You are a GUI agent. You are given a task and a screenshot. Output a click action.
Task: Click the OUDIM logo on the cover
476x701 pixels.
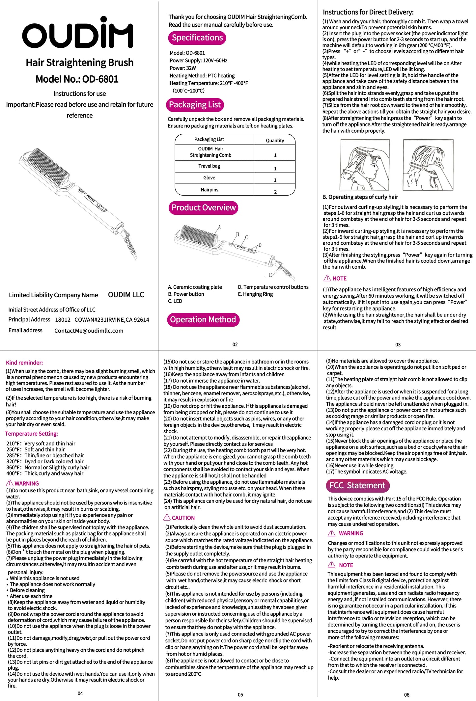click(78, 34)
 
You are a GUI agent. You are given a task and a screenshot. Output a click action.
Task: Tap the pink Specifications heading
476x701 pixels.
click(197, 38)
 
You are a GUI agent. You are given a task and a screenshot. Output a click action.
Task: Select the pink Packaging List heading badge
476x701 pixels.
click(195, 105)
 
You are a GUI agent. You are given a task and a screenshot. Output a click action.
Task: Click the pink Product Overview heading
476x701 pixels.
click(203, 208)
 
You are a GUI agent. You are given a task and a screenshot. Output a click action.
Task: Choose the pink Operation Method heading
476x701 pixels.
click(203, 320)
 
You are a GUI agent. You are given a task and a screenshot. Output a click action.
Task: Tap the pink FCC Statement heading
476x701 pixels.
click(357, 486)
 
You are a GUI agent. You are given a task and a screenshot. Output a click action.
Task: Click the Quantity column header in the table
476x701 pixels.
click(275, 141)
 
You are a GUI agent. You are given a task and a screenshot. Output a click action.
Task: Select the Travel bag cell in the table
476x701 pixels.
click(209, 166)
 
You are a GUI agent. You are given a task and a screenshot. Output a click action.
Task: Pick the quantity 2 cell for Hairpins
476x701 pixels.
click(275, 192)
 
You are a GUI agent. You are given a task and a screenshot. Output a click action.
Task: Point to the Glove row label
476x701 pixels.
click(209, 178)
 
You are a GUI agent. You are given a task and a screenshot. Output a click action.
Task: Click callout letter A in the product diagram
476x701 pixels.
click(219, 227)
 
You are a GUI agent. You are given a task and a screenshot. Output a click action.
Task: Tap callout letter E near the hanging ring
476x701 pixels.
click(270, 275)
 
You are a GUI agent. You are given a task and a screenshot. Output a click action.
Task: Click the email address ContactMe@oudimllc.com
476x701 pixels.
click(89, 331)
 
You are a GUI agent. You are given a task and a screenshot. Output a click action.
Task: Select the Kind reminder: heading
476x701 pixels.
click(24, 363)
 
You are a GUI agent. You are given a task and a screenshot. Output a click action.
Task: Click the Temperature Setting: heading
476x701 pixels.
click(31, 434)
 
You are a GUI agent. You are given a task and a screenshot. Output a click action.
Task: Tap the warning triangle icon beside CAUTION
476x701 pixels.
click(167, 518)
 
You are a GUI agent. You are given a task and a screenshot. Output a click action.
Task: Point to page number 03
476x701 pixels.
click(398, 345)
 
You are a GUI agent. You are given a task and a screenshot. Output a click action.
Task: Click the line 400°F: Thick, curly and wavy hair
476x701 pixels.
click(45, 473)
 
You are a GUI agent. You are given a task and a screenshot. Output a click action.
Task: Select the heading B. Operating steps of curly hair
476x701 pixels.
click(360, 197)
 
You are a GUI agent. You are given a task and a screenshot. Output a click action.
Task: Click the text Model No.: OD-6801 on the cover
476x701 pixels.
click(77, 79)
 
